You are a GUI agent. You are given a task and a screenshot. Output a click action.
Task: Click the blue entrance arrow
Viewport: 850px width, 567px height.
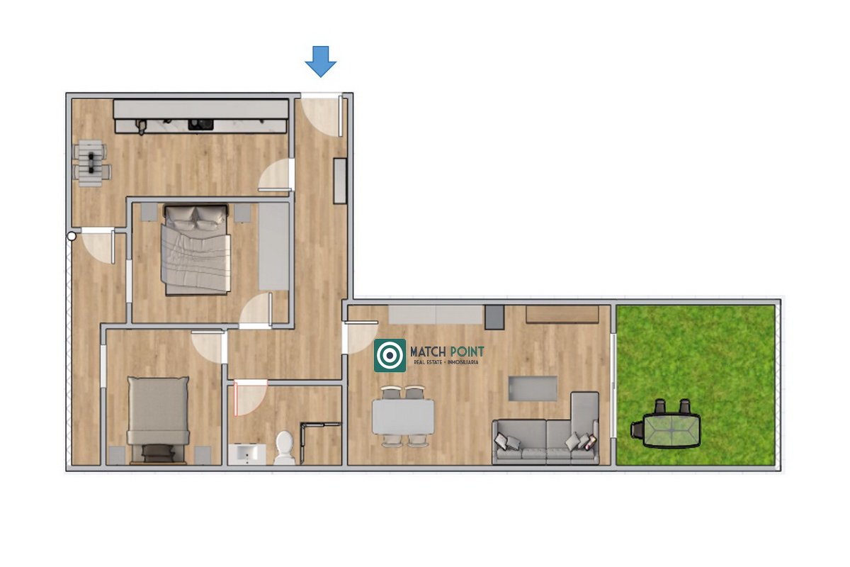pyautogui.click(x=321, y=62)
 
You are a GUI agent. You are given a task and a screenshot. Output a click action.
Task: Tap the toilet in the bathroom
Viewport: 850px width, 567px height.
pyautogui.click(x=284, y=447)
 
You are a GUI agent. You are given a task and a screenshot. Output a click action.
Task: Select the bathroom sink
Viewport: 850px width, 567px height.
pyautogui.click(x=247, y=454)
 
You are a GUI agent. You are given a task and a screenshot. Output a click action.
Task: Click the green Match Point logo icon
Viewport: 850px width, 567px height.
pyautogui.click(x=390, y=355)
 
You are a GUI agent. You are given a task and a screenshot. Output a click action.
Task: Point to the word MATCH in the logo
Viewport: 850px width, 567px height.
pyautogui.click(x=427, y=352)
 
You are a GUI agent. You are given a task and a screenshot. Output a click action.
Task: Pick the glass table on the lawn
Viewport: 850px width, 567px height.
pyautogui.click(x=672, y=431)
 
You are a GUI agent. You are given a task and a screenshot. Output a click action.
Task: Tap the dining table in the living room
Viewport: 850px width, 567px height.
pyautogui.click(x=403, y=417)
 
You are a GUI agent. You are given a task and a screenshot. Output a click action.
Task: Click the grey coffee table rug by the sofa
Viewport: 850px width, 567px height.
pyautogui.click(x=533, y=388)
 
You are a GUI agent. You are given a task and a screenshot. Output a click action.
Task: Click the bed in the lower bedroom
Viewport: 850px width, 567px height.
pyautogui.click(x=158, y=420)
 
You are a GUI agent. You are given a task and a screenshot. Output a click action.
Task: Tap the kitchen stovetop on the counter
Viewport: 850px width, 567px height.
pyautogui.click(x=200, y=125)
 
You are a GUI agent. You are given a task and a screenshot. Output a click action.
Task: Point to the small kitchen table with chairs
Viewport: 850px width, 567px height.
pyautogui.click(x=91, y=163)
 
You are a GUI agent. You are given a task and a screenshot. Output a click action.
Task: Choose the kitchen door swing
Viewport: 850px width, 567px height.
pyautogui.click(x=276, y=174)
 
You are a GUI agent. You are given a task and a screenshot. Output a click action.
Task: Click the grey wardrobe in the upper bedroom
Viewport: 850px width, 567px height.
pyautogui.click(x=274, y=247)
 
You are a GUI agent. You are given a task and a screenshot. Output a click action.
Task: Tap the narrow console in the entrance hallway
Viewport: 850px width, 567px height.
pyautogui.click(x=340, y=181)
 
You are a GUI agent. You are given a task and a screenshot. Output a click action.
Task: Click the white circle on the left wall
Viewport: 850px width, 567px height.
pyautogui.click(x=72, y=237)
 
